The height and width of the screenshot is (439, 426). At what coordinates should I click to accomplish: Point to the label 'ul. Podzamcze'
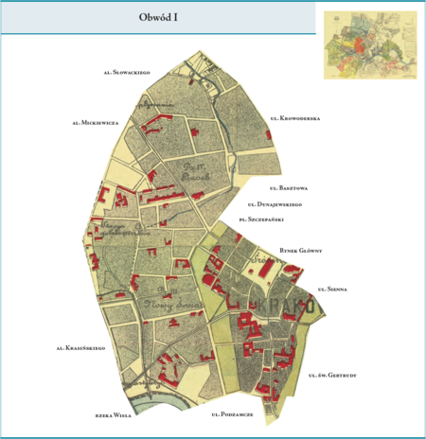[232, 414]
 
